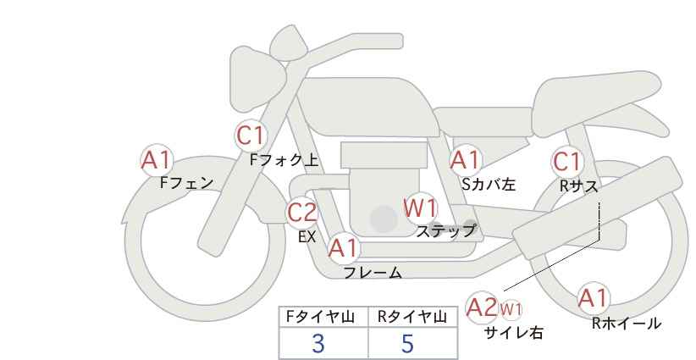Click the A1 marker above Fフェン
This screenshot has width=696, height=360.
point(156,160)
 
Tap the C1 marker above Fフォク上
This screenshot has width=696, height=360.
point(251,135)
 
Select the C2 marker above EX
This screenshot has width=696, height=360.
point(302,213)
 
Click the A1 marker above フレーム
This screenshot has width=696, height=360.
point(344,249)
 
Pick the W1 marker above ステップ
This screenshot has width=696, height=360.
point(420,208)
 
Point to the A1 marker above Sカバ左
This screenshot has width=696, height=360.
point(465,159)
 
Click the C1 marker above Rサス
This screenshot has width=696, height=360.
point(567,161)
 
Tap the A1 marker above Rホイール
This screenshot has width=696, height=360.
point(593,298)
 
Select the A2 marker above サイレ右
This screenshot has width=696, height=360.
point(483,307)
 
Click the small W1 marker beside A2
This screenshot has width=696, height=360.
point(511,308)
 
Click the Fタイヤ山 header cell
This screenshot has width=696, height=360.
point(324,317)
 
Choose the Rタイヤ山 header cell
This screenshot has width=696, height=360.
point(412,317)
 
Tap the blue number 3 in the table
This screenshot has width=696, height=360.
point(318,343)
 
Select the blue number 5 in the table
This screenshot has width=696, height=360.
point(408,343)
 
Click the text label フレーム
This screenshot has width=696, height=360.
point(373,273)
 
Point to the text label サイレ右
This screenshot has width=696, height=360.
point(514,333)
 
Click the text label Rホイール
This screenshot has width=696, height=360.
point(626,323)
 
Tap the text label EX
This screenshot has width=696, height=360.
point(307,237)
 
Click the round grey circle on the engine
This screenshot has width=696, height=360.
point(384,219)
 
